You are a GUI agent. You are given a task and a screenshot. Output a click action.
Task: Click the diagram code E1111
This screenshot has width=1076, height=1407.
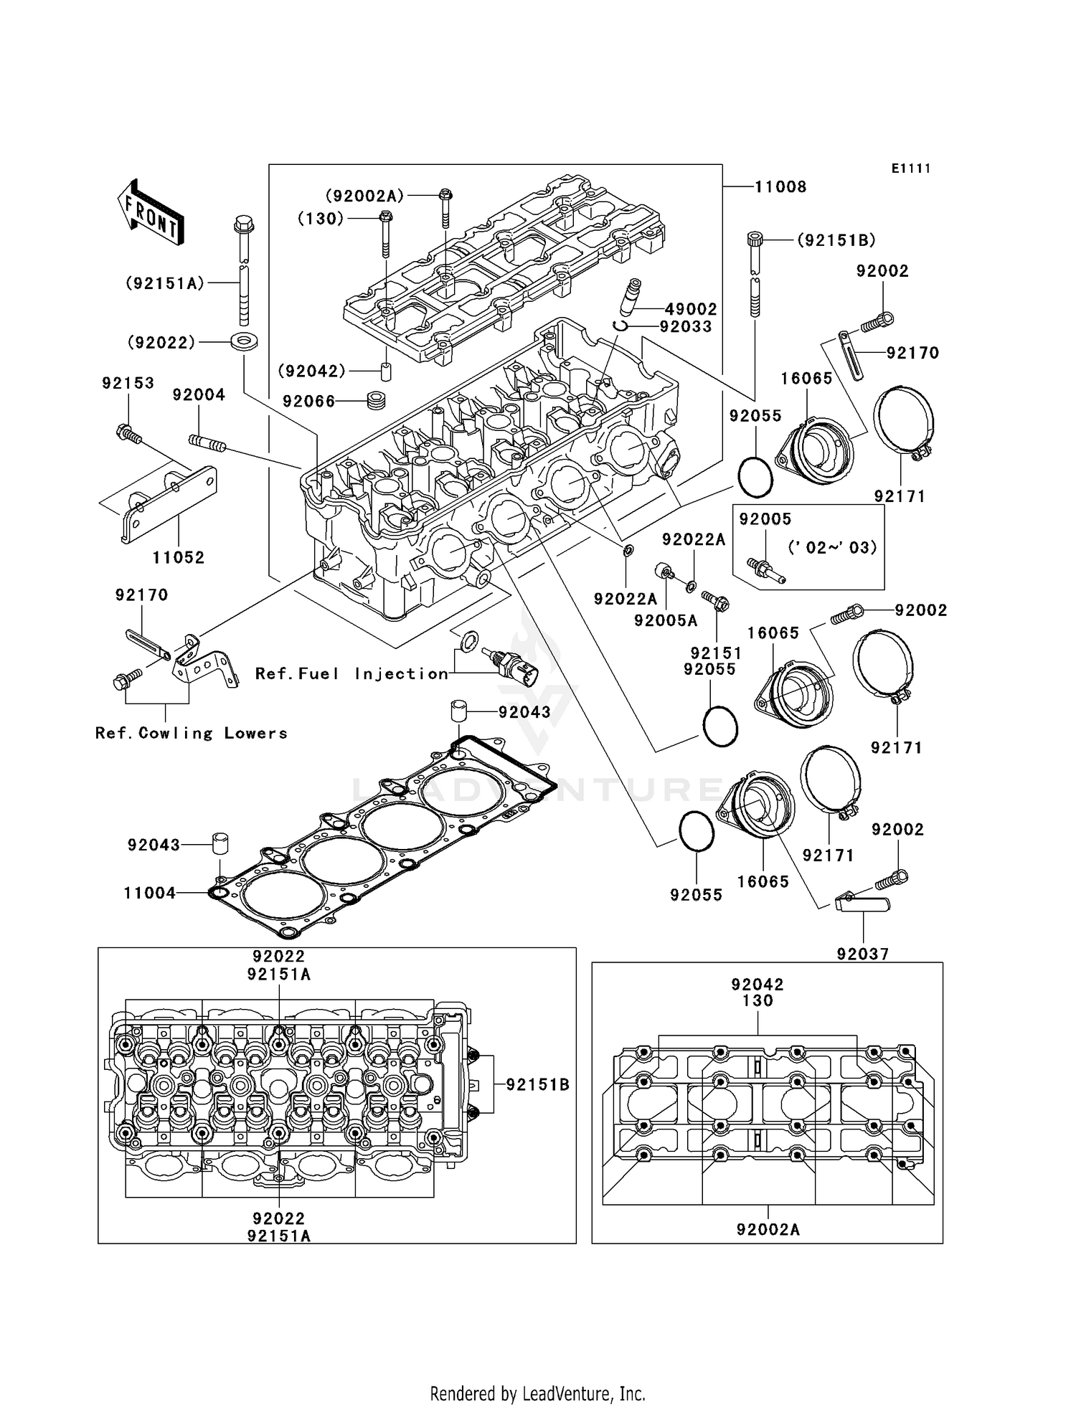pos(910,169)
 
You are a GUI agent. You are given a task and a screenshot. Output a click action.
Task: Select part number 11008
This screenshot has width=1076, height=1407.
pos(780,187)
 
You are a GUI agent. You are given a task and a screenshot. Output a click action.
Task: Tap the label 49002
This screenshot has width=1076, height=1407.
pos(691,309)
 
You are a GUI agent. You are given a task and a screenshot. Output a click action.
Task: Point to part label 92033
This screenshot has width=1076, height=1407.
pos(686,327)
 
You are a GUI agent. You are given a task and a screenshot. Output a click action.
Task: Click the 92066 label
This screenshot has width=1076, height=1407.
pos(308,402)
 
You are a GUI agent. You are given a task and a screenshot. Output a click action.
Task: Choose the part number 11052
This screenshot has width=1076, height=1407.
pos(178,557)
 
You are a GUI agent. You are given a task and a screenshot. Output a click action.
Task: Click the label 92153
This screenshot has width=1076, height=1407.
pos(128,383)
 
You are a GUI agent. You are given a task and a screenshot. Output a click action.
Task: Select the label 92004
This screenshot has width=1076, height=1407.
pos(199,395)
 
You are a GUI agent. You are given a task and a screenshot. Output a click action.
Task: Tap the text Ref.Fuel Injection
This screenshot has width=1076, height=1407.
pos(351,673)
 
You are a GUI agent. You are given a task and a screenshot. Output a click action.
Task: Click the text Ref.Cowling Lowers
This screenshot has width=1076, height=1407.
pos(191,733)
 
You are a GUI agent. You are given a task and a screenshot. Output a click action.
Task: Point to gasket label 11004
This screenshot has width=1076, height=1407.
pos(149,893)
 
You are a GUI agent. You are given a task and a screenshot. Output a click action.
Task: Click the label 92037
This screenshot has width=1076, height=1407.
pos(862,954)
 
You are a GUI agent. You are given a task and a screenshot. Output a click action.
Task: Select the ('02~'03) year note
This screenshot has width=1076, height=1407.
pos(832,548)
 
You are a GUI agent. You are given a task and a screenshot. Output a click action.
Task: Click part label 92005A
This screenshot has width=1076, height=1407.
pos(665,621)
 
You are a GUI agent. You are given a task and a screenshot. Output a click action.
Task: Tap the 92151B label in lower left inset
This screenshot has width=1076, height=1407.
pos(537,1085)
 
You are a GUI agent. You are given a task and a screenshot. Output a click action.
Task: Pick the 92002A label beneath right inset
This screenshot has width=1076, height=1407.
pos(768,1230)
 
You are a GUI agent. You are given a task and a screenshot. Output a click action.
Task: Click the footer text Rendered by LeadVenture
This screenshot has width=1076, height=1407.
pos(537,1393)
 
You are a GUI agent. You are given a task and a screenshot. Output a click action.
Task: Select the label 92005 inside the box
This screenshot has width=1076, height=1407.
pos(765,519)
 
